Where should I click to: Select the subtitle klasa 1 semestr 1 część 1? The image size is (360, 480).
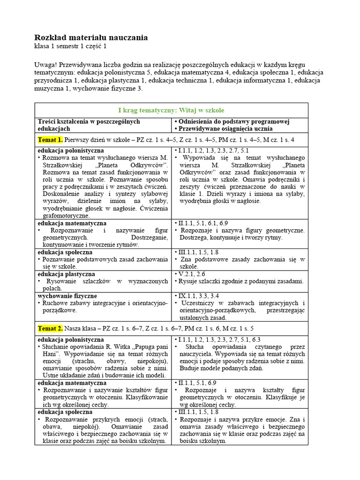[x=74, y=46]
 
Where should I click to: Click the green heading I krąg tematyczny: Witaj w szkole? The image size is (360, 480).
[x=171, y=110]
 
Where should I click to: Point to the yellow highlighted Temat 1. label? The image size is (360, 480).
[x=50, y=140]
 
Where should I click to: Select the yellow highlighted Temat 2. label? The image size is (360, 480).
[x=50, y=328]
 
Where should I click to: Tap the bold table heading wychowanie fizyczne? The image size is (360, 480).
[x=67, y=296]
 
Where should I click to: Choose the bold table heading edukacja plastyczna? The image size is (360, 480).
[x=66, y=274]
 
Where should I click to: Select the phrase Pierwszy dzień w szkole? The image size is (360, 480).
[x=99, y=140]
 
